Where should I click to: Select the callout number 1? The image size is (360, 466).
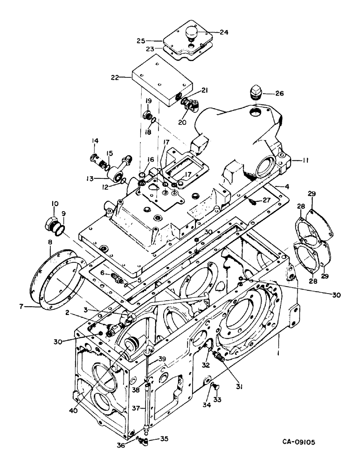(278, 347)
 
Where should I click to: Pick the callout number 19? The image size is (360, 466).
(148, 101)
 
